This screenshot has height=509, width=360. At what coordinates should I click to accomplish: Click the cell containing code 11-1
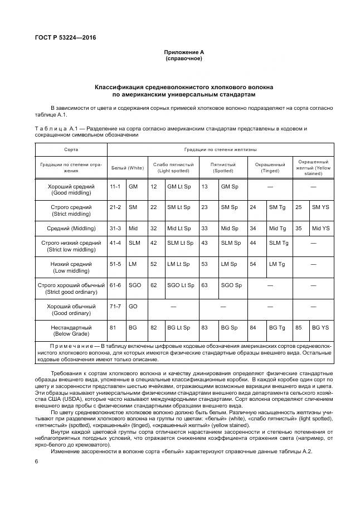(x=115, y=186)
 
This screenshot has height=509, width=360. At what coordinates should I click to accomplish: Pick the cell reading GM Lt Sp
(x=179, y=186)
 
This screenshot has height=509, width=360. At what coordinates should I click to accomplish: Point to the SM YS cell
(x=320, y=207)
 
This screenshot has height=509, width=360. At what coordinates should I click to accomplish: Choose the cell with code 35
(x=299, y=229)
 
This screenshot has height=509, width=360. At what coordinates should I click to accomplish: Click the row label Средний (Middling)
(x=71, y=229)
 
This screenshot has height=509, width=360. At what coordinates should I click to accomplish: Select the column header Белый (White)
(x=128, y=168)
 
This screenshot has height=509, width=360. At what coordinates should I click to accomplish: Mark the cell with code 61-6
(x=115, y=285)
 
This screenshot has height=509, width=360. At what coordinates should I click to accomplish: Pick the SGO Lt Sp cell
(x=181, y=285)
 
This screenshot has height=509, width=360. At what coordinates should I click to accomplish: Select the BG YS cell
(x=320, y=328)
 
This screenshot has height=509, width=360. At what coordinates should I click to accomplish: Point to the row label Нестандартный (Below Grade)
(x=71, y=331)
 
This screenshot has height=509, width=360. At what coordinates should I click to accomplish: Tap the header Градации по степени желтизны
(x=220, y=150)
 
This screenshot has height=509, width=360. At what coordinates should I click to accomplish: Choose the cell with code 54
(x=253, y=264)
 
